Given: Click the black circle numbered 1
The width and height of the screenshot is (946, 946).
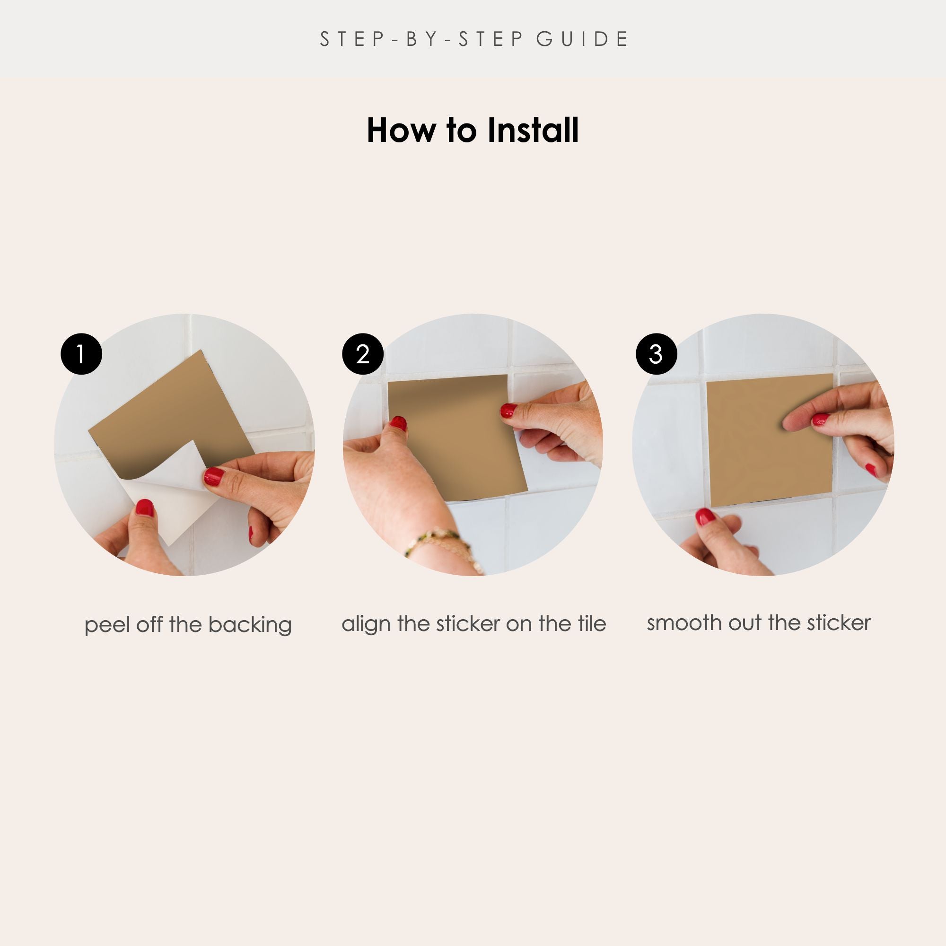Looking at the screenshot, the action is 81,354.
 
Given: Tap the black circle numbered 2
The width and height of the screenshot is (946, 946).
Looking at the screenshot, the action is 363,354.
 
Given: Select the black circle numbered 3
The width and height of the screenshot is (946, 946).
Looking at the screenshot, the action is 656,354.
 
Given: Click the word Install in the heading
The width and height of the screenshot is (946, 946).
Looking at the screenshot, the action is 533,130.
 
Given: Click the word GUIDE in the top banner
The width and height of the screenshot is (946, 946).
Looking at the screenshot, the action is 582,39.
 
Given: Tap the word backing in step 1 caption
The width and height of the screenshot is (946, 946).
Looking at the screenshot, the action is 250,625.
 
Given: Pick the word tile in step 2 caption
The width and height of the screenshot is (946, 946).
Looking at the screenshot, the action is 592,623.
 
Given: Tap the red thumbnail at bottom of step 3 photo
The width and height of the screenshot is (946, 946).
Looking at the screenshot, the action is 705,517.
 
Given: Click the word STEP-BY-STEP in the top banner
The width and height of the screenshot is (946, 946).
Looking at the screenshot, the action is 421,39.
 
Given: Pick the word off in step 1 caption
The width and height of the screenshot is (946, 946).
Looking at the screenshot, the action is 149,625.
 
